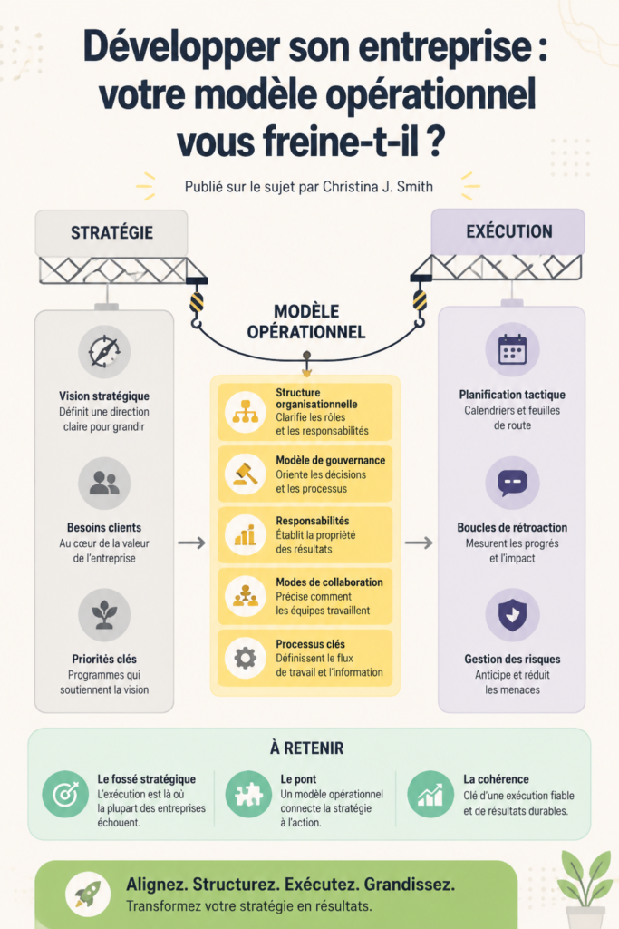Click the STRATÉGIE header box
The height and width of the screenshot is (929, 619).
tap(111, 232)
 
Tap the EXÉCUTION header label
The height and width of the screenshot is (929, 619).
tap(509, 231)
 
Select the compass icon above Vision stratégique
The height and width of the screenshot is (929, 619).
tap(105, 352)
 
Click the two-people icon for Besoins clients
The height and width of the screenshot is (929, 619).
tap(105, 484)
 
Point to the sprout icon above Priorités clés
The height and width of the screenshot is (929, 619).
tap(105, 615)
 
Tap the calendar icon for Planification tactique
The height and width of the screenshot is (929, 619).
tap(512, 349)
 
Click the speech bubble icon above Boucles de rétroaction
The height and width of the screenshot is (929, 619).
tap(512, 483)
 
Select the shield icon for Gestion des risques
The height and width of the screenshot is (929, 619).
tap(512, 614)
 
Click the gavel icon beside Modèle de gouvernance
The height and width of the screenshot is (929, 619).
tap(245, 474)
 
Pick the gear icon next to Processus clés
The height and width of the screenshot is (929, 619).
tap(245, 659)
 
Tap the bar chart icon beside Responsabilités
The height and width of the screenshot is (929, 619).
tap(245, 535)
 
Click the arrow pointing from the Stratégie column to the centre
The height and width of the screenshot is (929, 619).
tap(192, 543)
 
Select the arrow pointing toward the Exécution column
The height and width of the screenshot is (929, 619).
tap(419, 543)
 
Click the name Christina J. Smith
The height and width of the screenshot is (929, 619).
tap(378, 187)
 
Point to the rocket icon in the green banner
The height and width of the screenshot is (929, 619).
tap(88, 894)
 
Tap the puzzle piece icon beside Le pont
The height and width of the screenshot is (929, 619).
tap(248, 795)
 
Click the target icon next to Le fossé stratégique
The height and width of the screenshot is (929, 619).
tap(65, 795)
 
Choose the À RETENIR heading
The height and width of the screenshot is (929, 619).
tap(307, 748)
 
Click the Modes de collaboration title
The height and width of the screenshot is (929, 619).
tap(329, 582)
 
